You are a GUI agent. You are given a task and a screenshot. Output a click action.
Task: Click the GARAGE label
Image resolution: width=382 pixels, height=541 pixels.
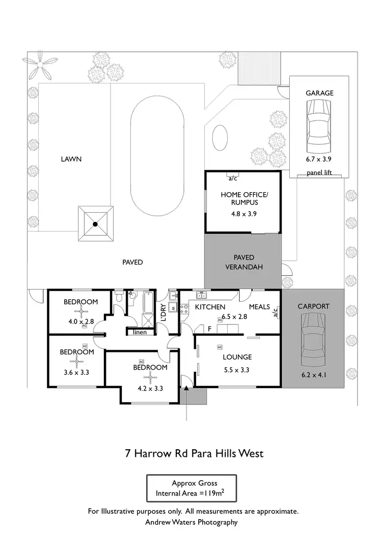click(319, 93)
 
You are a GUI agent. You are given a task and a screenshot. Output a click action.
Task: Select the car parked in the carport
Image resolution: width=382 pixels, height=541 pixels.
click(313, 340)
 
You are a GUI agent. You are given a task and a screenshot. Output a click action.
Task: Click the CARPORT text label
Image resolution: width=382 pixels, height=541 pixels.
click(313, 306)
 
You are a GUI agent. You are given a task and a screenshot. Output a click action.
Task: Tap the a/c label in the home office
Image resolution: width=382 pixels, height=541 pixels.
click(233, 178)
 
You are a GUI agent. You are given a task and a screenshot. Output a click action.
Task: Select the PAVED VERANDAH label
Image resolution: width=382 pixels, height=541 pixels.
click(243, 262)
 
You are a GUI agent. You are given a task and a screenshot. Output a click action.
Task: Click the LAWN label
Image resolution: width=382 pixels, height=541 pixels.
click(71, 159)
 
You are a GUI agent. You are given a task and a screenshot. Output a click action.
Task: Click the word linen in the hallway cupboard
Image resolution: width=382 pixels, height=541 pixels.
click(140, 332)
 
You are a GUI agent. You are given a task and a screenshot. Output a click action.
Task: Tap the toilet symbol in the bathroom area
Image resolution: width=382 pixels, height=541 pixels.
click(119, 297)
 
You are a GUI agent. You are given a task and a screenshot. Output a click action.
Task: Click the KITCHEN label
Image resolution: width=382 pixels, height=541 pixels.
click(210, 307)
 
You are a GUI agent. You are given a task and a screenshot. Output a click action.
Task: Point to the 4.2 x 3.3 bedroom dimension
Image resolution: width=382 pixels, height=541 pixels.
click(150, 388)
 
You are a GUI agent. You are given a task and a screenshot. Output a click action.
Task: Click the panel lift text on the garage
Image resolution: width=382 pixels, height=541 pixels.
click(319, 173)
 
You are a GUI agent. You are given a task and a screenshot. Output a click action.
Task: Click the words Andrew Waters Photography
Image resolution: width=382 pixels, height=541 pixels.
click(191, 522)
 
